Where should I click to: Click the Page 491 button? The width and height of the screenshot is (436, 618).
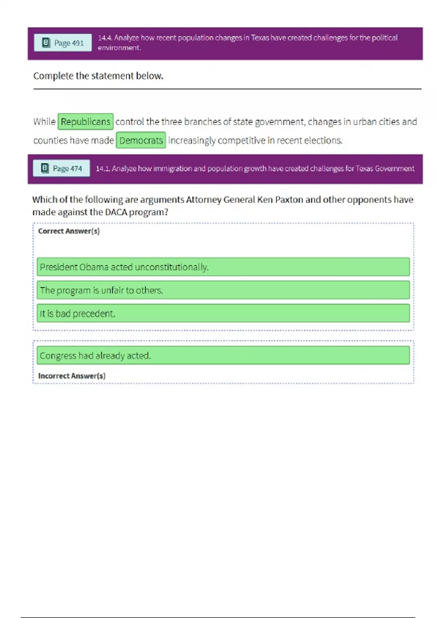[62, 43]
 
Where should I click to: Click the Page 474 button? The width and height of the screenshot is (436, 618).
[61, 168]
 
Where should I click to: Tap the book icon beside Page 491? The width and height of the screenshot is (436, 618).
[46, 43]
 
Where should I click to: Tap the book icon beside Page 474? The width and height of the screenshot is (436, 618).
[45, 168]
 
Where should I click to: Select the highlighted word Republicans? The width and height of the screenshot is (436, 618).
[85, 121]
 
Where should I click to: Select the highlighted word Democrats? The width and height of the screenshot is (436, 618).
[141, 140]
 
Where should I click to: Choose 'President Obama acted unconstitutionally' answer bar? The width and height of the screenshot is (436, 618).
[223, 267]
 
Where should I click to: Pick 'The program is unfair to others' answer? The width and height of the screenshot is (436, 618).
[223, 290]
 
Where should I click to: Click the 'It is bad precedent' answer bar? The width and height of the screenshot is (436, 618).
[223, 313]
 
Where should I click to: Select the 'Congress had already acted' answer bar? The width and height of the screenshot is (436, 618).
[223, 356]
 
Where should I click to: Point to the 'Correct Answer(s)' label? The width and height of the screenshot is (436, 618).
[69, 231]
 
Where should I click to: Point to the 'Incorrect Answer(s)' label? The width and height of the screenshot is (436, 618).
[72, 376]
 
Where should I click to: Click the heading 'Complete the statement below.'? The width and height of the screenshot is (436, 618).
[98, 76]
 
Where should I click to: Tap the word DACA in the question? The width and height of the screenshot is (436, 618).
[116, 212]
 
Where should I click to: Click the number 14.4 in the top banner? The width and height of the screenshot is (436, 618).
[105, 38]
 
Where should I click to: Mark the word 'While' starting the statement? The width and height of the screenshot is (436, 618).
[44, 122]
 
